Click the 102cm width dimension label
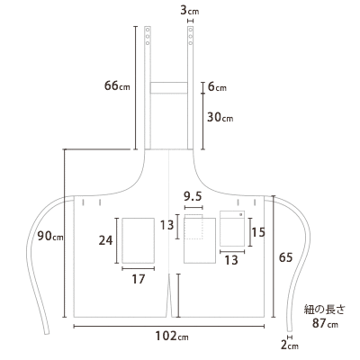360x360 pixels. (x=172, y=336)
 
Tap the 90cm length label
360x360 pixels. (x=50, y=236)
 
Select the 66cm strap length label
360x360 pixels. (x=117, y=85)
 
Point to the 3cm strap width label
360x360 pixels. (x=190, y=11)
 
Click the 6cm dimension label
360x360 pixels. (x=217, y=87)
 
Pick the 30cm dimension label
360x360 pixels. (x=220, y=117)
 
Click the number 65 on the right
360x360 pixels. (x=285, y=257)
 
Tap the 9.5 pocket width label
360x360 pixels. (x=193, y=197)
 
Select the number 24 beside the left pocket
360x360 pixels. (x=105, y=240)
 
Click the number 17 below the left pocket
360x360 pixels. (x=139, y=279)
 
